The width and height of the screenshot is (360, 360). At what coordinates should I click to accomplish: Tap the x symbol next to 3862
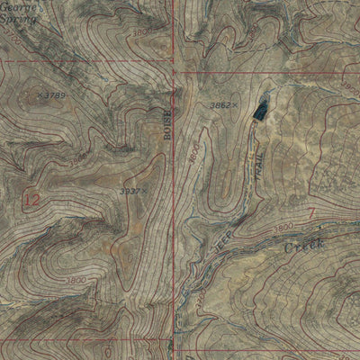tap(236, 106)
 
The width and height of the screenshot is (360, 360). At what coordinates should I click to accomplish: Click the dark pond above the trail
tap(260, 109)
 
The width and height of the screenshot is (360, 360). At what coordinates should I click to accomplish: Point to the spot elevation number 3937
tap(130, 191)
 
